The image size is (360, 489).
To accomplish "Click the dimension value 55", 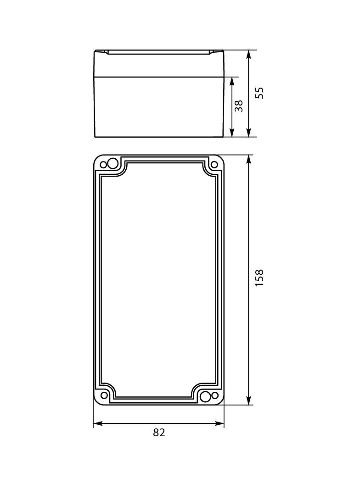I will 260,93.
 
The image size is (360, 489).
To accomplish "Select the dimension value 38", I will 238,106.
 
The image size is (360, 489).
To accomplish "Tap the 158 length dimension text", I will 260,278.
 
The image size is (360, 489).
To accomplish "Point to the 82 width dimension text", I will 159,433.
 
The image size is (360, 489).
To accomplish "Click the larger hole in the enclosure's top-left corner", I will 112,162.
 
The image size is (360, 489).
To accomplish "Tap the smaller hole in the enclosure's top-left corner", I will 103,165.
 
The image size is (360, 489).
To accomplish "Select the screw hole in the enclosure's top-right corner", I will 214,165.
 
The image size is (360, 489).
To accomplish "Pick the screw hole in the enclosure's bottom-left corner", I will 104,395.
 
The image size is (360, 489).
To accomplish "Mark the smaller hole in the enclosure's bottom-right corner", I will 214,395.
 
